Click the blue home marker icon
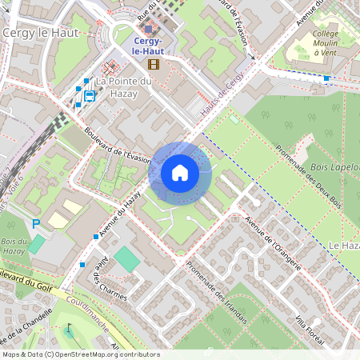180,172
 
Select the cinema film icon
154,63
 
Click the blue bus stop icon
89,96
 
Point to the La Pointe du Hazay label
123,87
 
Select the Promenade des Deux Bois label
308,169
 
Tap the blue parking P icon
34,223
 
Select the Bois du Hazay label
14,246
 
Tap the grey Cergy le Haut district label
38,33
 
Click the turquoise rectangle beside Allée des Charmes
126,258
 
